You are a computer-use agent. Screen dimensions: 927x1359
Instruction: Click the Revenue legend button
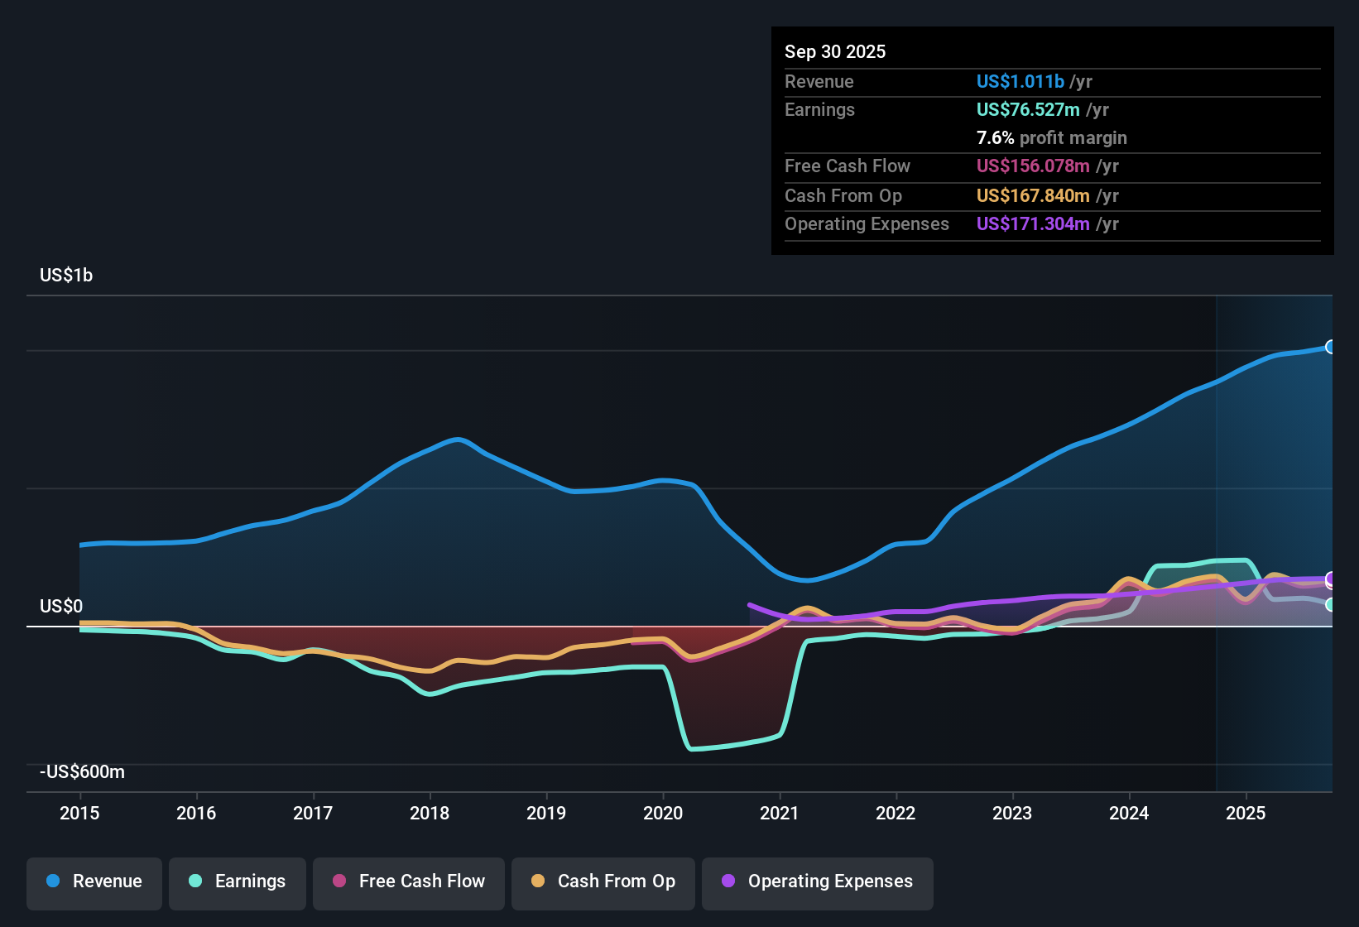pos(94,881)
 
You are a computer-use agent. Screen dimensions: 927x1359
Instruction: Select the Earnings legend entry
pos(238,881)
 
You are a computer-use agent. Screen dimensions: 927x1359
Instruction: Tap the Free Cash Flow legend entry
pos(409,881)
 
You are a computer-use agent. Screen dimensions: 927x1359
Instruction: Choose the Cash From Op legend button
pos(603,881)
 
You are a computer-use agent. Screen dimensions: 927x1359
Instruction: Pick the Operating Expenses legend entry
pos(818,881)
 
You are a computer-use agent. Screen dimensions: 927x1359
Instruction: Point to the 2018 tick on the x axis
pos(430,813)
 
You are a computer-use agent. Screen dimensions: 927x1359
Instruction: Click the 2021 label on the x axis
pos(780,813)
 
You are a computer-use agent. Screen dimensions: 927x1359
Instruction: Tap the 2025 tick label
pos(1246,813)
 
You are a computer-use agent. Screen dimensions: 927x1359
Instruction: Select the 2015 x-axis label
pos(79,813)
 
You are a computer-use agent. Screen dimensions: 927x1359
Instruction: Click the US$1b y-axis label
pos(66,276)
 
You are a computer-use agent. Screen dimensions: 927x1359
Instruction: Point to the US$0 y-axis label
pos(61,607)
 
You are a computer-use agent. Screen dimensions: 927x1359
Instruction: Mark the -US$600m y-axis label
pos(82,772)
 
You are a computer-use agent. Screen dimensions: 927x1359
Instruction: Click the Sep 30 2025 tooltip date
pos(835,51)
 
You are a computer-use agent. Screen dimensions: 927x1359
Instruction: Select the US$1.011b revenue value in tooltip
pos(1020,82)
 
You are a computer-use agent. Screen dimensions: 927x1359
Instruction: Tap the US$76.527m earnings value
pos(1027,110)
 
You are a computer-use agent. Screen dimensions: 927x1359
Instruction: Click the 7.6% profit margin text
pos(1051,138)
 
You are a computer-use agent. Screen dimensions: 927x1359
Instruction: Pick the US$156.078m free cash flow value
pos(1033,166)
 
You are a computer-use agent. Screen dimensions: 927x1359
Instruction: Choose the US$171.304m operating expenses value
pos(1033,224)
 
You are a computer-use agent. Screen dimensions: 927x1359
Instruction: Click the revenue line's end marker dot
pos(1330,347)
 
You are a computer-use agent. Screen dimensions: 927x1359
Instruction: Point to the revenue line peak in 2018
pos(458,439)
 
